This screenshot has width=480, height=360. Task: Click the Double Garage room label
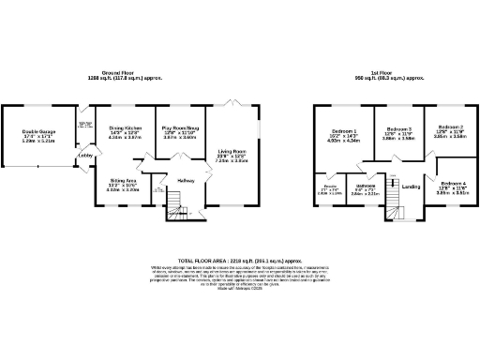click(x=40, y=132)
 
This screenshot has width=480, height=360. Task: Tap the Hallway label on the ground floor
click(x=185, y=179)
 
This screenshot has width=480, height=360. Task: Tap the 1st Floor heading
click(x=393, y=72)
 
